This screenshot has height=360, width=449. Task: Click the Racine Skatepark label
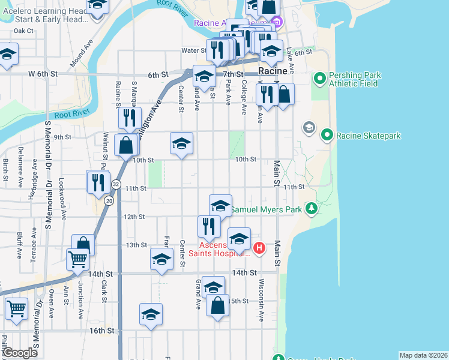pyautogui.click(x=368, y=136)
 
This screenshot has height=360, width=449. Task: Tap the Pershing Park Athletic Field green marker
pyautogui.click(x=319, y=77)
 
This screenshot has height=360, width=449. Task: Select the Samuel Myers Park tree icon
pyautogui.click(x=311, y=209)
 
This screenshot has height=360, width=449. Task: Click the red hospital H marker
pyautogui.click(x=259, y=247)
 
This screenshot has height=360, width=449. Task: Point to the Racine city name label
pyautogui.click(x=274, y=71)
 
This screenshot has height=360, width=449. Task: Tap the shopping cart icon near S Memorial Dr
pyautogui.click(x=16, y=308)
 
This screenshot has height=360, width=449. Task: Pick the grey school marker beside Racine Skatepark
pyautogui.click(x=309, y=127)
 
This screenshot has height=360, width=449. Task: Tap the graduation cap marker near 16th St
pyautogui.click(x=151, y=314)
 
